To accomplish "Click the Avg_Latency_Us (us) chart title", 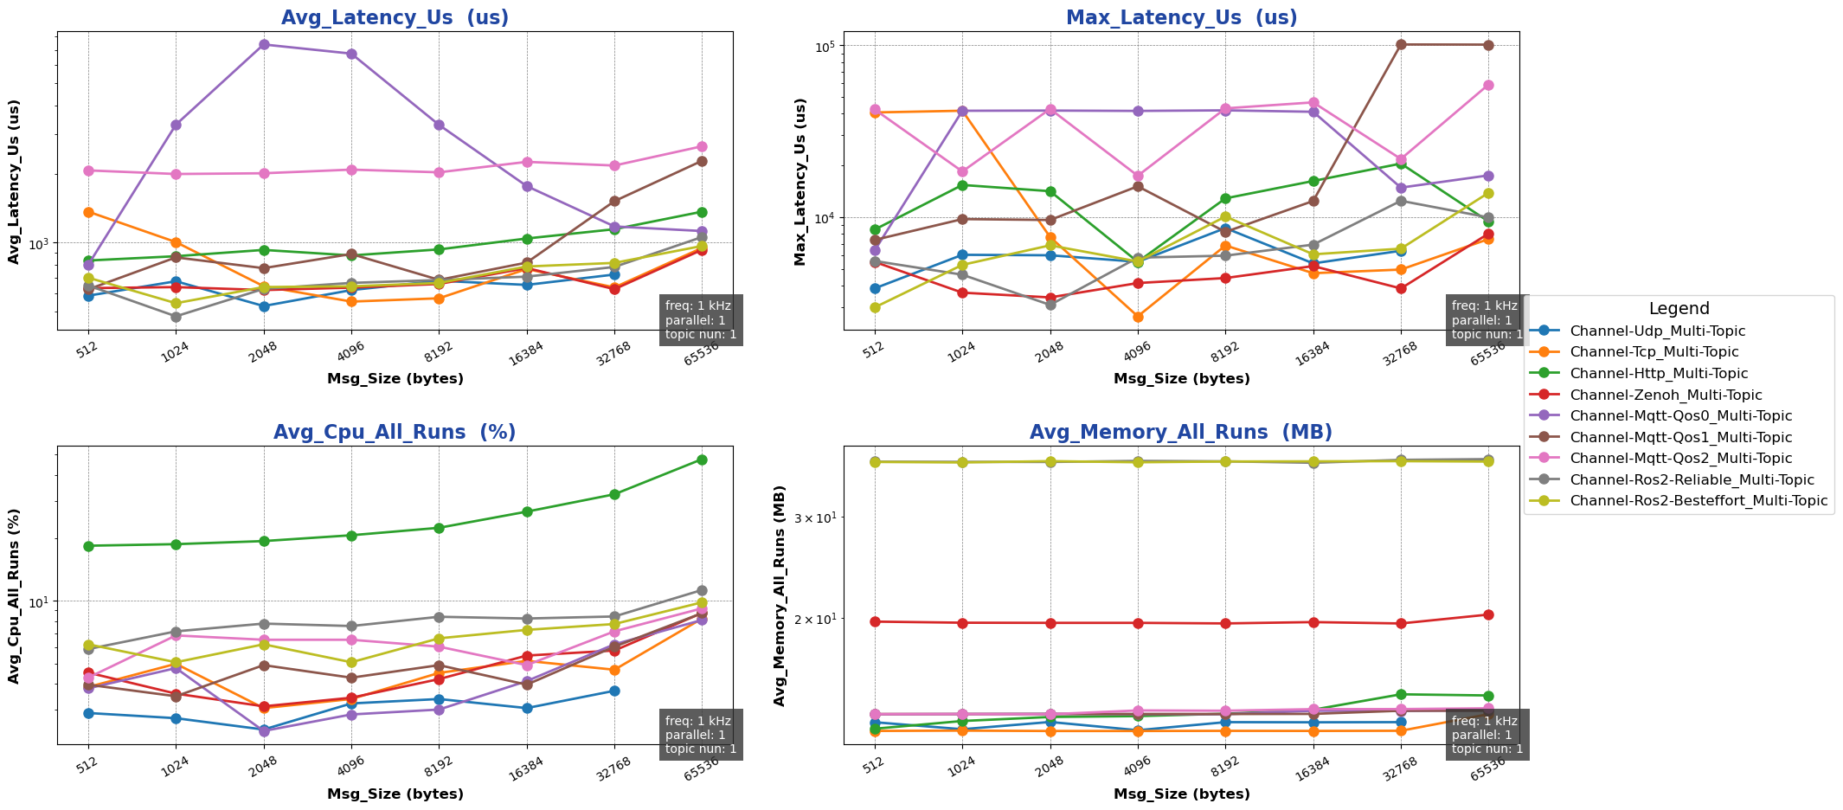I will (395, 18).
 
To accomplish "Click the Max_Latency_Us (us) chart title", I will (1181, 18).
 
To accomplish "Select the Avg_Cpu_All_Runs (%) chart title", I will (395, 433).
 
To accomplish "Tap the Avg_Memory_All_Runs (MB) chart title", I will (1181, 433).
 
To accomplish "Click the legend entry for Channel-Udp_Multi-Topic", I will (1657, 331).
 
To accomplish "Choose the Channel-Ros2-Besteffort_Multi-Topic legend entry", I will (1698, 500).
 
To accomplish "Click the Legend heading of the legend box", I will (1679, 309).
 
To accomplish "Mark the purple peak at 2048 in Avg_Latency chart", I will (263, 44).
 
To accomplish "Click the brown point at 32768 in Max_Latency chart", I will (1400, 44).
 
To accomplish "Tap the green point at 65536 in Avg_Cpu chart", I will (702, 460).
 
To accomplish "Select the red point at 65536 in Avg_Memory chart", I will (1488, 614).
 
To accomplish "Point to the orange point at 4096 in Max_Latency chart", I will (1138, 317).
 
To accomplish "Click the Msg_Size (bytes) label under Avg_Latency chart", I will (395, 379).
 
